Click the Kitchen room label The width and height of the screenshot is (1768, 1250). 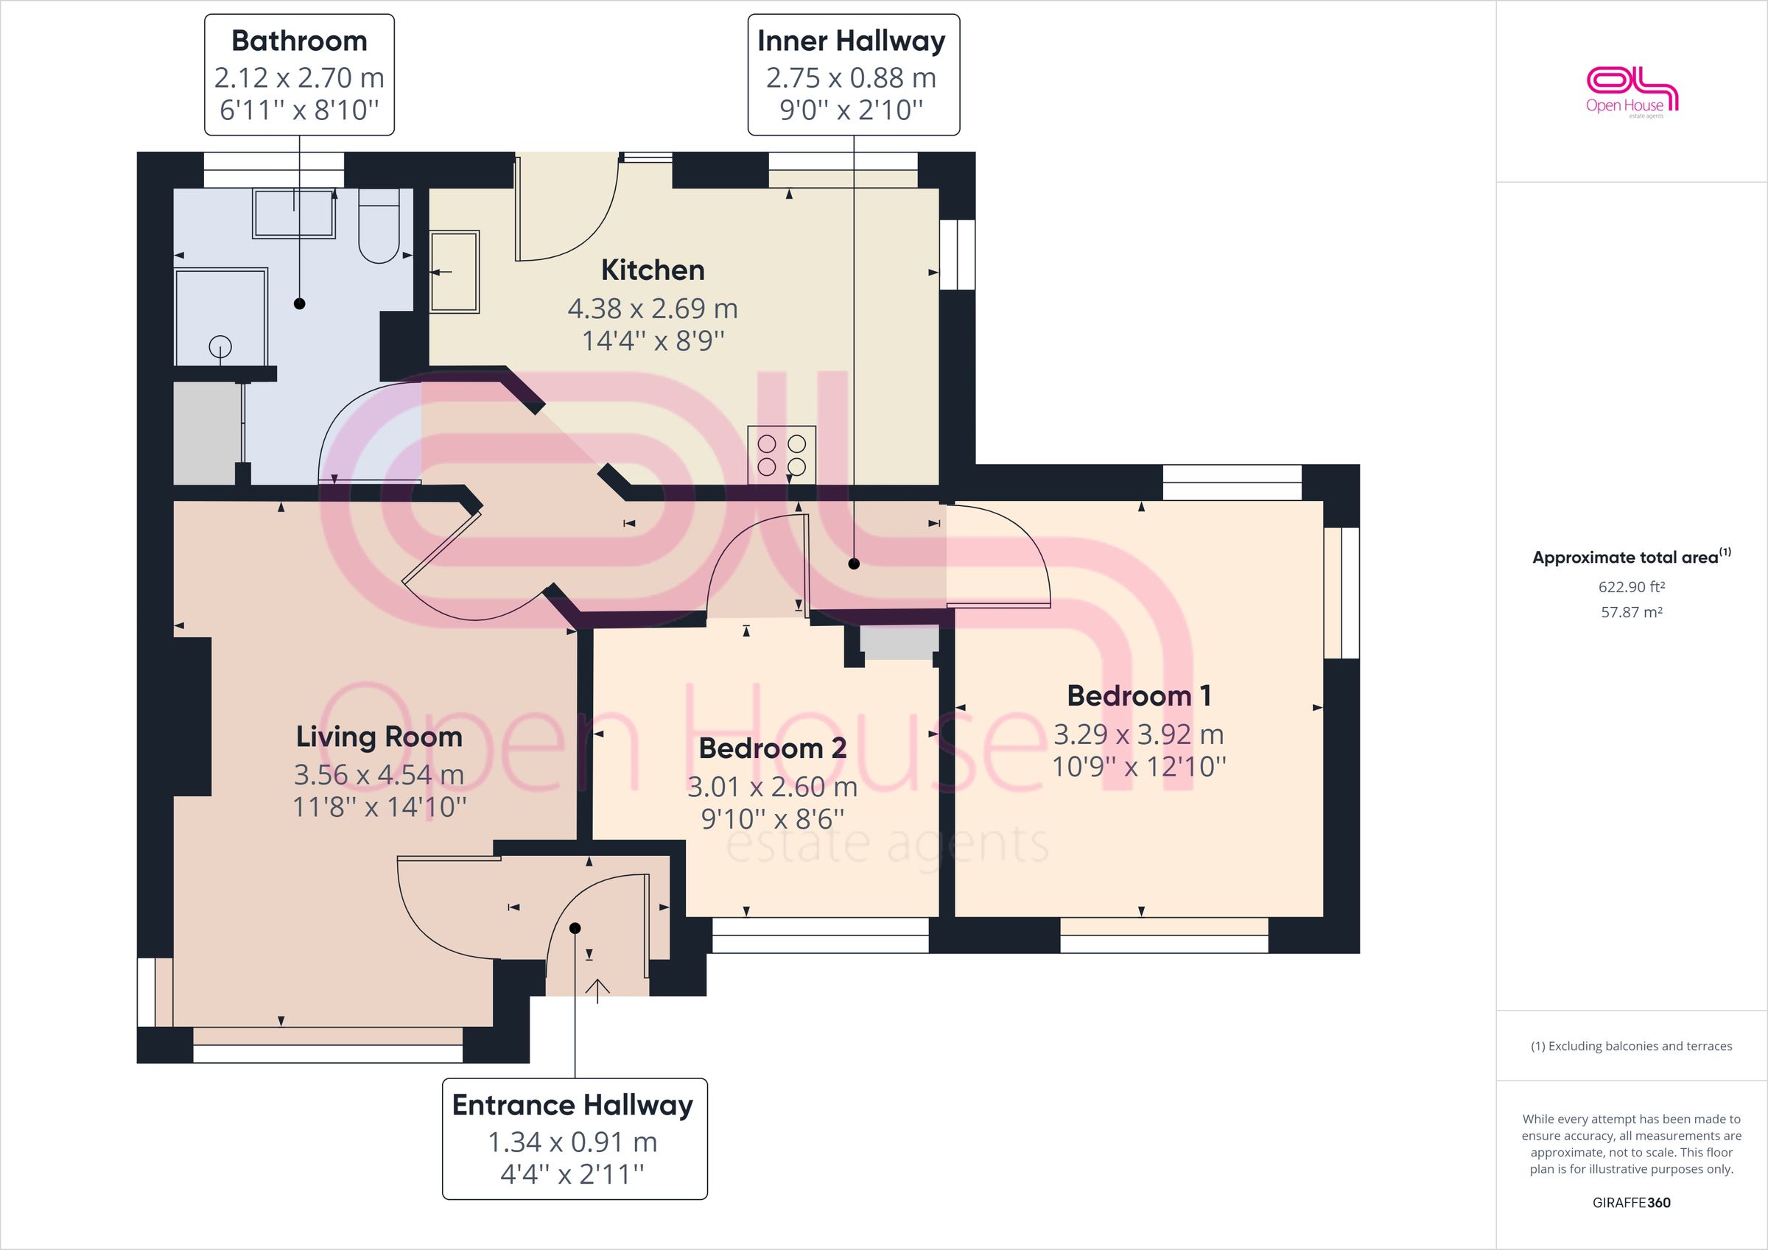652,270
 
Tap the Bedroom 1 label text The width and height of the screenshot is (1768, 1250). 1138,696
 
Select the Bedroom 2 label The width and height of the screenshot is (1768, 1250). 772,748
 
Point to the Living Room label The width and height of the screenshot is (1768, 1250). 379,737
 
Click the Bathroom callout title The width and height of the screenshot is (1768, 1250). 299,41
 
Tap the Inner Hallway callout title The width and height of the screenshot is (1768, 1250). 851,41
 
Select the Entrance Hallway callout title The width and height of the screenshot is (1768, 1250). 573,1105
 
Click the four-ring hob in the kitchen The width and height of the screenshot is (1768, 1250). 782,454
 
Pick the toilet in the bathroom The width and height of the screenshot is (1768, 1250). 378,228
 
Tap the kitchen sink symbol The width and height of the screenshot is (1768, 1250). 455,271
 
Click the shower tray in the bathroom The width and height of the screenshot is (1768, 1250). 221,317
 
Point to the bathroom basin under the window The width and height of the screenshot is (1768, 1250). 294,214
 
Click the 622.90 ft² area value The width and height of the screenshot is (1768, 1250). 1631,587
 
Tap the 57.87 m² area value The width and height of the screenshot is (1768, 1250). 1631,613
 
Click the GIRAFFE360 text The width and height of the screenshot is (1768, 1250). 1631,1202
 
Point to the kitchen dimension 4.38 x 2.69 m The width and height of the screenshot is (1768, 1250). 652,309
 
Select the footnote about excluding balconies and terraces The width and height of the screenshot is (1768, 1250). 1631,1046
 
